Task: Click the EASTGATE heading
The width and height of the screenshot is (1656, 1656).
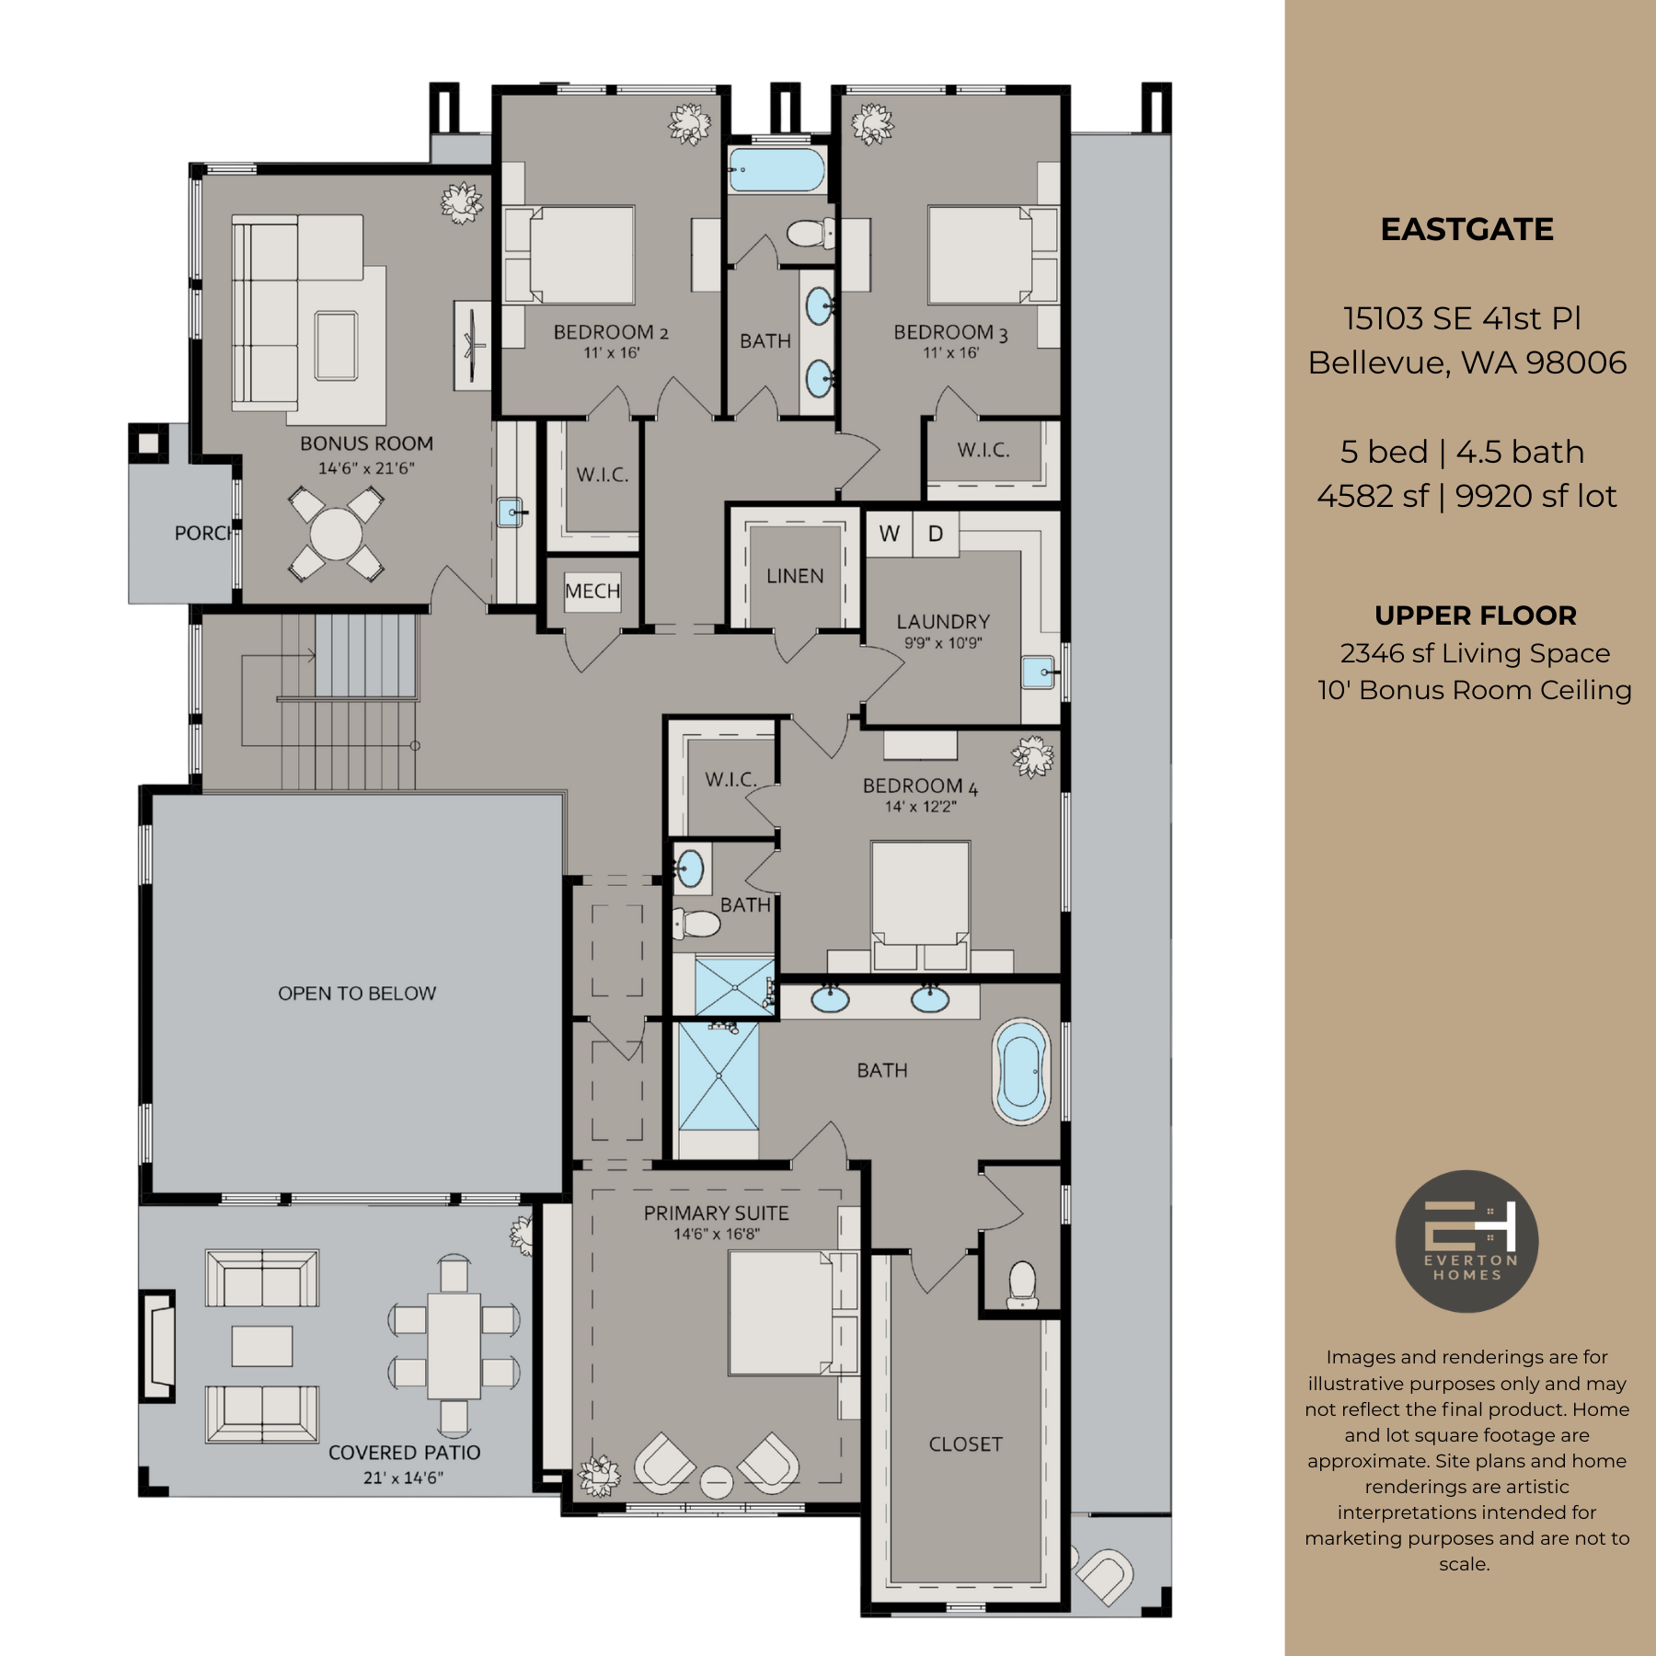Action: point(1466,229)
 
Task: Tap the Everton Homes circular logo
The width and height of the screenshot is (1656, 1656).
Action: point(1466,1241)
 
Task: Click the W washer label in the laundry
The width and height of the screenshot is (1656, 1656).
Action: point(889,534)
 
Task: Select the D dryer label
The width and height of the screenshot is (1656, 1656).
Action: point(936,534)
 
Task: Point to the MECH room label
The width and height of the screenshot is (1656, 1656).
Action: point(592,591)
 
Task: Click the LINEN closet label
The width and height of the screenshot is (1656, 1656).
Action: point(795,576)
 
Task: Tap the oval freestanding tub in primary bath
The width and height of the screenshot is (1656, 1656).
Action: point(1021,1072)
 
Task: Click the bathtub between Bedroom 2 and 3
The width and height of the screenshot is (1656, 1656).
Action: point(777,171)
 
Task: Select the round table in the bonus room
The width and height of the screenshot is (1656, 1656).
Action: point(336,535)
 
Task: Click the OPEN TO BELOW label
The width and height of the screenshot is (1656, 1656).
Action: point(357,994)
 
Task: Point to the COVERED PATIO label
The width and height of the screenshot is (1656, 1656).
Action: point(404,1453)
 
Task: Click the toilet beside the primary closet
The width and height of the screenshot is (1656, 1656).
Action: point(1022,1283)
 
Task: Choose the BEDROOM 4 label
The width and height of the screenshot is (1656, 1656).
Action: point(920,787)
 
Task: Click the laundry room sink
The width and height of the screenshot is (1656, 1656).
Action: point(1039,673)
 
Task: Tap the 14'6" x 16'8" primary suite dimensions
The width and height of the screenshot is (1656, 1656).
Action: point(717,1234)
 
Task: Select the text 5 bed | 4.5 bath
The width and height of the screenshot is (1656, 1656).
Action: point(1462,452)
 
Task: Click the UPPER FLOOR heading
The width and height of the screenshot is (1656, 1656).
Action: point(1475,615)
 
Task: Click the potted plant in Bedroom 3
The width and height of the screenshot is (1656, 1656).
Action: point(872,124)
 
